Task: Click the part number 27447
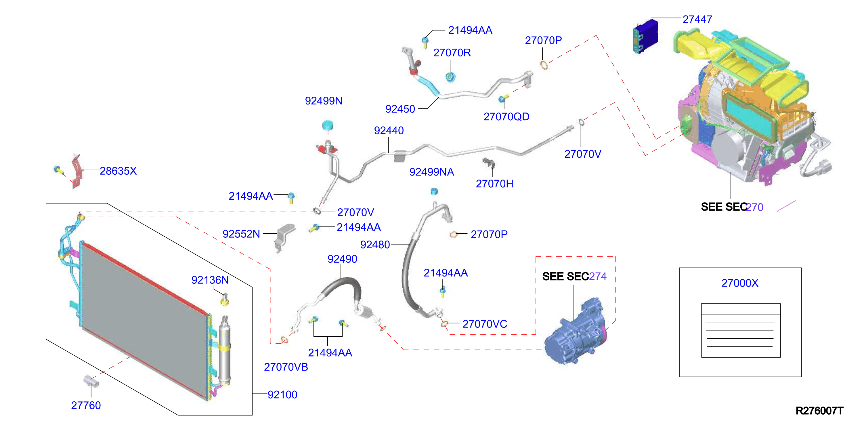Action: tap(697, 20)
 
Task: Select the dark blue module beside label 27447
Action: tap(645, 36)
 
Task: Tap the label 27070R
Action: tap(452, 53)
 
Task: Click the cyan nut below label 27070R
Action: tap(450, 77)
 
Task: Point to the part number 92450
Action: tap(400, 109)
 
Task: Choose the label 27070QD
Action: tap(506, 117)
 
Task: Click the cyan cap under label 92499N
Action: tap(328, 125)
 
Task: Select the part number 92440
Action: tap(389, 130)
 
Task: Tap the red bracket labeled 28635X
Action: tap(77, 171)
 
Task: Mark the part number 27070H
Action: tap(494, 184)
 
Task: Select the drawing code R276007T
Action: tap(819, 411)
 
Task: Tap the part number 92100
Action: tap(282, 395)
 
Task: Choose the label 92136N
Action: tap(210, 280)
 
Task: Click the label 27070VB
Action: tap(286, 367)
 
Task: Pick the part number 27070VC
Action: tap(485, 324)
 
